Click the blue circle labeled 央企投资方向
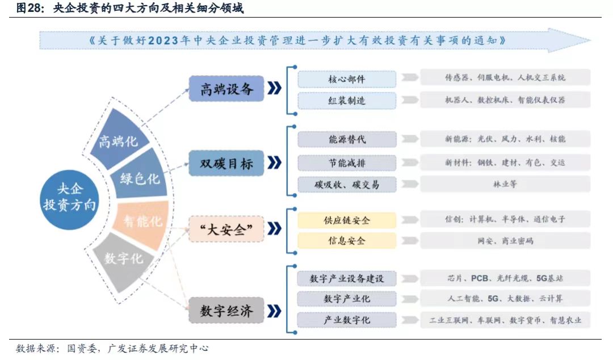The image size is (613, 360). pos(69,199)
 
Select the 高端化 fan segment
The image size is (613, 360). pos(119,139)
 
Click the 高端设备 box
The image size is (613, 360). pos(226,89)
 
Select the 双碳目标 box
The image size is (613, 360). pos(226,163)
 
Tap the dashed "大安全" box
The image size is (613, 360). pos(226,229)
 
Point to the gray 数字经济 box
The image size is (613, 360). pos(226,311)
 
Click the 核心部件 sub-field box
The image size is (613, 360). pos(347,79)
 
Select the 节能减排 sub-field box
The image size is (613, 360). pos(347,163)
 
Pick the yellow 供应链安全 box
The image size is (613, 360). pos(347,220)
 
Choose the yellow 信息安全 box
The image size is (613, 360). pos(347,240)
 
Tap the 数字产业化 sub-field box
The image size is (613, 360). pos(347,299)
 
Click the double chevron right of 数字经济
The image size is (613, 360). pos(275,311)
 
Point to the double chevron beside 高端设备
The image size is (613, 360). pos(275,88)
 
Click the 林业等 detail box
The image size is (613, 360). pos(505,184)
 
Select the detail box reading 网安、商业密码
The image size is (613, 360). pos(505,240)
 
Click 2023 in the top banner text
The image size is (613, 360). pos(163,40)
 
